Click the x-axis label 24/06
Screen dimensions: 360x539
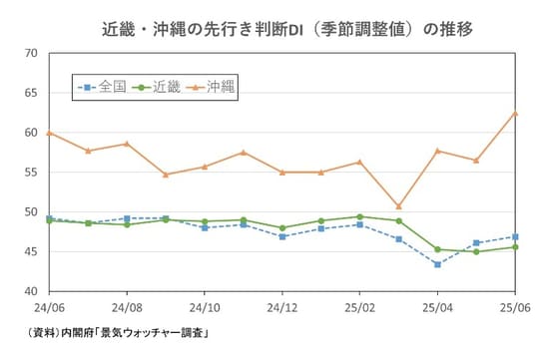click(x=49, y=308)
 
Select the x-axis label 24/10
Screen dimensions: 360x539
click(x=205, y=308)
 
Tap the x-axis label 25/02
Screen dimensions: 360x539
click(x=359, y=308)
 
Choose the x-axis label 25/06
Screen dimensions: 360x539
click(x=514, y=308)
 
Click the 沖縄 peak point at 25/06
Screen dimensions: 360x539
click(x=514, y=113)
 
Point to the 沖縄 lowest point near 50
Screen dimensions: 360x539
click(x=398, y=206)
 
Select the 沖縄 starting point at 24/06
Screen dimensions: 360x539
click(x=49, y=133)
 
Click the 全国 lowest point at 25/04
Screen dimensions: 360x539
click(x=437, y=264)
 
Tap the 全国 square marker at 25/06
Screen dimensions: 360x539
click(x=514, y=236)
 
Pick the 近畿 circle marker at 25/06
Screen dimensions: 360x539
click(x=514, y=247)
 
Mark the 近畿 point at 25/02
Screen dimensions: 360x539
click(x=359, y=216)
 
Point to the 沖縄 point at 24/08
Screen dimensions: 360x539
click(x=127, y=144)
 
